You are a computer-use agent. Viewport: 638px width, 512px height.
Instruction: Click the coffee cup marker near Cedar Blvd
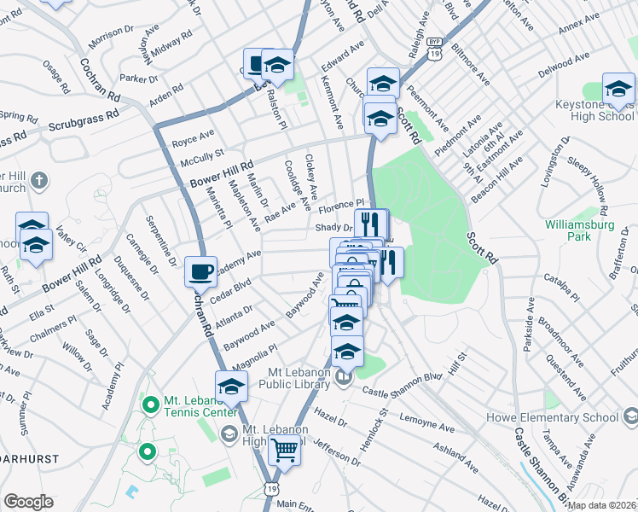coord(201,272)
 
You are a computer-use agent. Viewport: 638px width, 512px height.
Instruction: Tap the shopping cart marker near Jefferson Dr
coord(284,449)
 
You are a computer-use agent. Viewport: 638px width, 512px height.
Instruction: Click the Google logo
coord(28,502)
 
